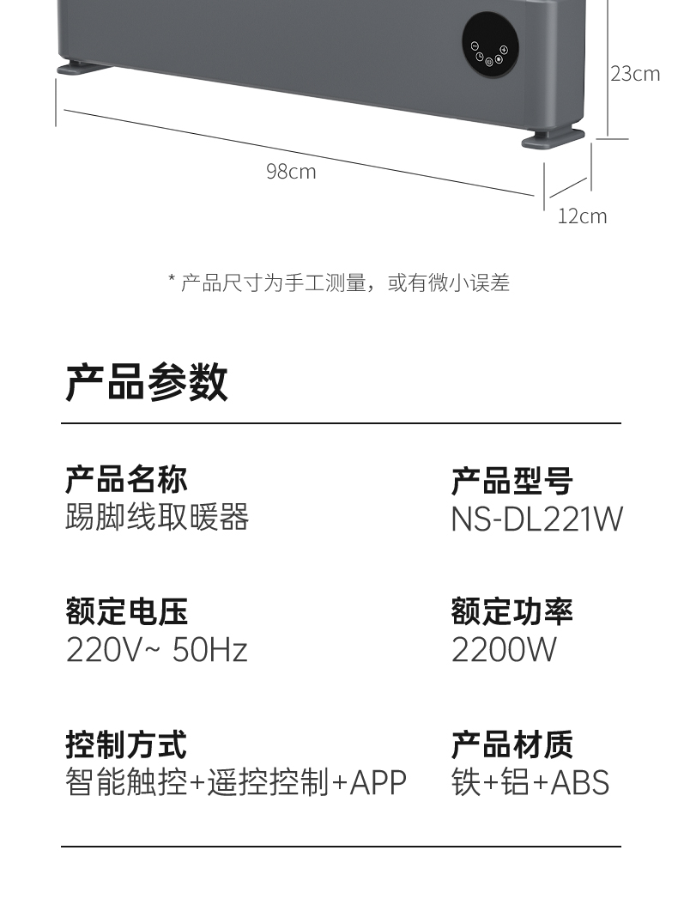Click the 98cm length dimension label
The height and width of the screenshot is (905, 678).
click(291, 172)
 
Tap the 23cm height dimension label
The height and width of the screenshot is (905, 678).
click(635, 74)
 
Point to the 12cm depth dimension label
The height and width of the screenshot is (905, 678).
click(582, 216)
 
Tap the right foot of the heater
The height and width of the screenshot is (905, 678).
click(548, 138)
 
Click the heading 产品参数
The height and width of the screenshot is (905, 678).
click(147, 382)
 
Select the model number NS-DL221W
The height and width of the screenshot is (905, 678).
click(536, 519)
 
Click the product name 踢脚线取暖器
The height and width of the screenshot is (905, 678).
click(157, 518)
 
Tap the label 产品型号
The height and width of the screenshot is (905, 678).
click(512, 482)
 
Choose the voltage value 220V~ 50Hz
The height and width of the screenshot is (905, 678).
click(156, 650)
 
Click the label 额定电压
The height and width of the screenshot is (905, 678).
click(126, 612)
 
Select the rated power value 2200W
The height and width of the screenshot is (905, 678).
click(504, 650)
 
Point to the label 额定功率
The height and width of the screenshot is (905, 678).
click(512, 612)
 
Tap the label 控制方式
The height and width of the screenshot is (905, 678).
click(126, 744)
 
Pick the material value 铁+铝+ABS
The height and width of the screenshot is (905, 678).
click(530, 782)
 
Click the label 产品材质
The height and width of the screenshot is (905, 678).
click(512, 744)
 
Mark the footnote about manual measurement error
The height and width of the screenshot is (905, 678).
click(339, 282)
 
